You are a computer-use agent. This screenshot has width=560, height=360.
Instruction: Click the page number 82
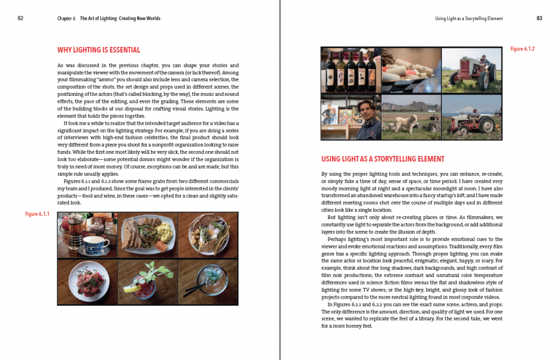(x=20, y=18)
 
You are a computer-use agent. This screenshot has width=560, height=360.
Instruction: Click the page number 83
(x=539, y=18)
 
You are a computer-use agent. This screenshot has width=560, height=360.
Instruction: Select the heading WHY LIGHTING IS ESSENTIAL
(x=98, y=50)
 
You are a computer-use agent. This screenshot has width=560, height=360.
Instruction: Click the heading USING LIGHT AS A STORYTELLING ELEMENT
(x=383, y=159)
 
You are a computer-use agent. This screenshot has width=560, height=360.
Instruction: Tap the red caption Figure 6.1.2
(x=522, y=49)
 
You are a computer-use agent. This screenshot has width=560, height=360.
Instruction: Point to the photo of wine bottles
(x=350, y=70)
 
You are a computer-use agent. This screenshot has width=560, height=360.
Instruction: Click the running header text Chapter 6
(x=66, y=19)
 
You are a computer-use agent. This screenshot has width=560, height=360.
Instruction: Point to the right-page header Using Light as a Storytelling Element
(x=469, y=19)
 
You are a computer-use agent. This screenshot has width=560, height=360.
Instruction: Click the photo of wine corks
(x=411, y=70)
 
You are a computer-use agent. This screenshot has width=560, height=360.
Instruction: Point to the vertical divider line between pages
(x=280, y=180)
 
